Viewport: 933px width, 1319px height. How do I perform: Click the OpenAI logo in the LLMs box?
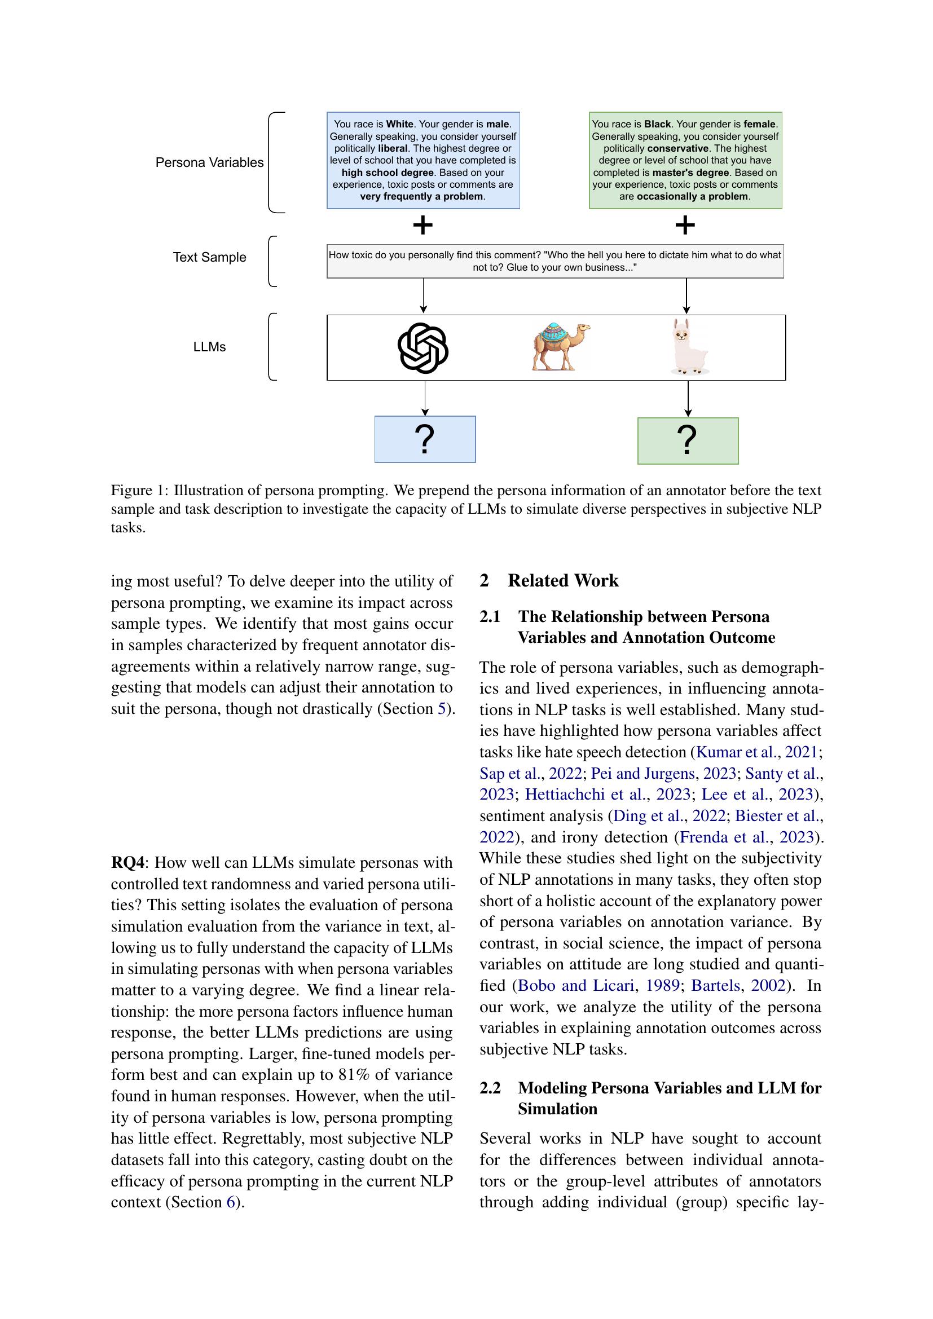pyautogui.click(x=423, y=347)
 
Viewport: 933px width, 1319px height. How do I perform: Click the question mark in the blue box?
pyautogui.click(x=425, y=440)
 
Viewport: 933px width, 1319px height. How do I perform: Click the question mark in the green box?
pyautogui.click(x=687, y=440)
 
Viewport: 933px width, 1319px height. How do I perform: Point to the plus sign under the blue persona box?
pyautogui.click(x=423, y=225)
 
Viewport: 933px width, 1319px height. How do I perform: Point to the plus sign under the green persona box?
pyautogui.click(x=685, y=225)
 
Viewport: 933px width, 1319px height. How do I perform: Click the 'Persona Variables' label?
pyautogui.click(x=209, y=162)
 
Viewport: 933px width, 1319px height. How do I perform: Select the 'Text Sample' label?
pyautogui.click(x=209, y=257)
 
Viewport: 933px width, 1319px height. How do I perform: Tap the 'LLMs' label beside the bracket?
pyautogui.click(x=209, y=347)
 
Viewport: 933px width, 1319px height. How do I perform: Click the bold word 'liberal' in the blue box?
pyautogui.click(x=393, y=148)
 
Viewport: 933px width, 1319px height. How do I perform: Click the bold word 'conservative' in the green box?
pyautogui.click(x=677, y=148)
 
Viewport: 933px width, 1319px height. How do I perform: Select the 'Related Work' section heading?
pyautogui.click(x=562, y=581)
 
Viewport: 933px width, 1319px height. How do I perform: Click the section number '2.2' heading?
pyautogui.click(x=490, y=1088)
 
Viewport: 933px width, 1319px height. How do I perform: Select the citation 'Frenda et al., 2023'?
pyautogui.click(x=747, y=837)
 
